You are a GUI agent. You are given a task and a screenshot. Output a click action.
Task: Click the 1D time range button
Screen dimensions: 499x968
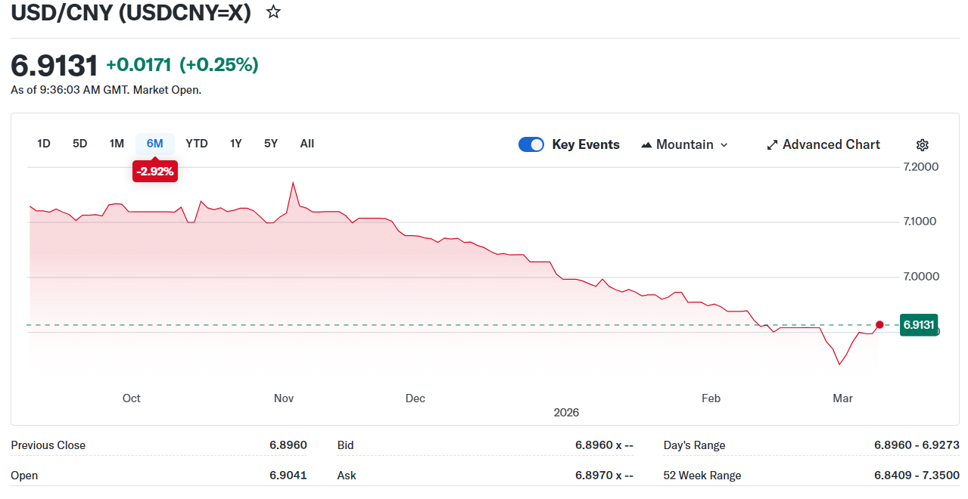click(44, 144)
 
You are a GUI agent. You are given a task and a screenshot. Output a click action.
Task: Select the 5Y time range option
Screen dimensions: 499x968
click(271, 144)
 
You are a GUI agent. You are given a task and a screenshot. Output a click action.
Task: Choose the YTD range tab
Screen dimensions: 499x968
click(197, 144)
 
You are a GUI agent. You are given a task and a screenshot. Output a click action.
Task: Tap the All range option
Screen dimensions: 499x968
click(307, 144)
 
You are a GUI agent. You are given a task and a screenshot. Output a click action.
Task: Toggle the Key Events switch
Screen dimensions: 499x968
click(531, 144)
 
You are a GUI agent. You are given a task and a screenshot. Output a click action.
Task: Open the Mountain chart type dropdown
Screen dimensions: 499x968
click(684, 144)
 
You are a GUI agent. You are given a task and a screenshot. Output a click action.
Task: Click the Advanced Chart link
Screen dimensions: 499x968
click(823, 144)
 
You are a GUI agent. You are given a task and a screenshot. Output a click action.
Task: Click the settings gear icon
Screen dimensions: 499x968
click(922, 145)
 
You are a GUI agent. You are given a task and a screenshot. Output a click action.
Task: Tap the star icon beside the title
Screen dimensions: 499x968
click(273, 12)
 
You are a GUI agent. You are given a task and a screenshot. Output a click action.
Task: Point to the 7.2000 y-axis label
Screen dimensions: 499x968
click(921, 166)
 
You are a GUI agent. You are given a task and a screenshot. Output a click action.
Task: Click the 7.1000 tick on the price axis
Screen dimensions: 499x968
click(921, 222)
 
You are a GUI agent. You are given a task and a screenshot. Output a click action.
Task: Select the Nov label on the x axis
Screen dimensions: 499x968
click(284, 398)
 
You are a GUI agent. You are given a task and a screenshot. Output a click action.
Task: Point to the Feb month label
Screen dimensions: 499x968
click(711, 398)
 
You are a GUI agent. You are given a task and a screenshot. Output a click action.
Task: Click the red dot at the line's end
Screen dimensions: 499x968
click(879, 324)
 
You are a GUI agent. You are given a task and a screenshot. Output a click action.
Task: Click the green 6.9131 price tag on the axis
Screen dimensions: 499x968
click(919, 324)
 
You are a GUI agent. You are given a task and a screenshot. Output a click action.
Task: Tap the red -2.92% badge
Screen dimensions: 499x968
click(155, 172)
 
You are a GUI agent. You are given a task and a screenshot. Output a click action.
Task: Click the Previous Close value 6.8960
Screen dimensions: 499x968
click(288, 445)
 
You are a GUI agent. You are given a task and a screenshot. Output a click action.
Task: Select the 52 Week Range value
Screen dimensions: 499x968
click(917, 476)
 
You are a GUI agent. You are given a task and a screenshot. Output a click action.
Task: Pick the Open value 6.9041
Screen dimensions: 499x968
click(288, 476)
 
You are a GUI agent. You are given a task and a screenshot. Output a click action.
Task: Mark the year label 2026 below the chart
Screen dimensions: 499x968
click(566, 412)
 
